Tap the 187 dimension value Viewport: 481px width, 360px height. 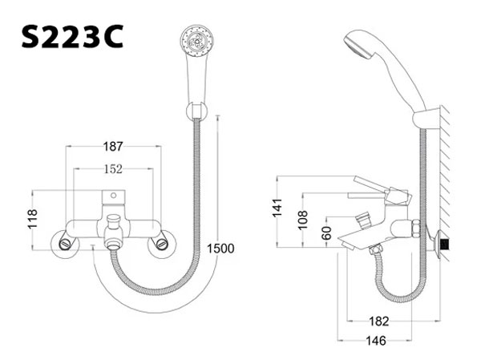coord(114,146)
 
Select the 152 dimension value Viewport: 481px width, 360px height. coord(114,169)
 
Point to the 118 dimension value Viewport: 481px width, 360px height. coord(33,220)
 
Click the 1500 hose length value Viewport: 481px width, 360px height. coord(220,249)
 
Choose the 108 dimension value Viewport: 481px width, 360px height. coord(302,219)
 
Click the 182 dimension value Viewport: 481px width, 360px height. coord(379,322)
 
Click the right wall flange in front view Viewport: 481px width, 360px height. coord(165,241)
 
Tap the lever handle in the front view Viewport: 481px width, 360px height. coord(115,196)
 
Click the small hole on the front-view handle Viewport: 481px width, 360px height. coord(115,193)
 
